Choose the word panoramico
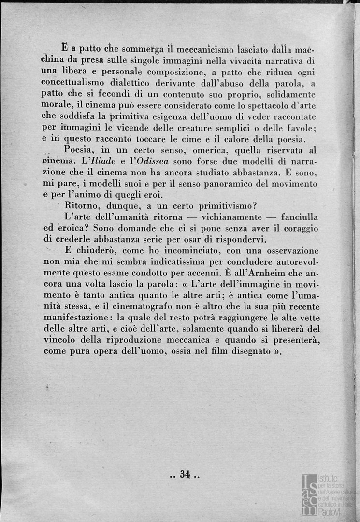234,183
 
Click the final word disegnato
245,351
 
